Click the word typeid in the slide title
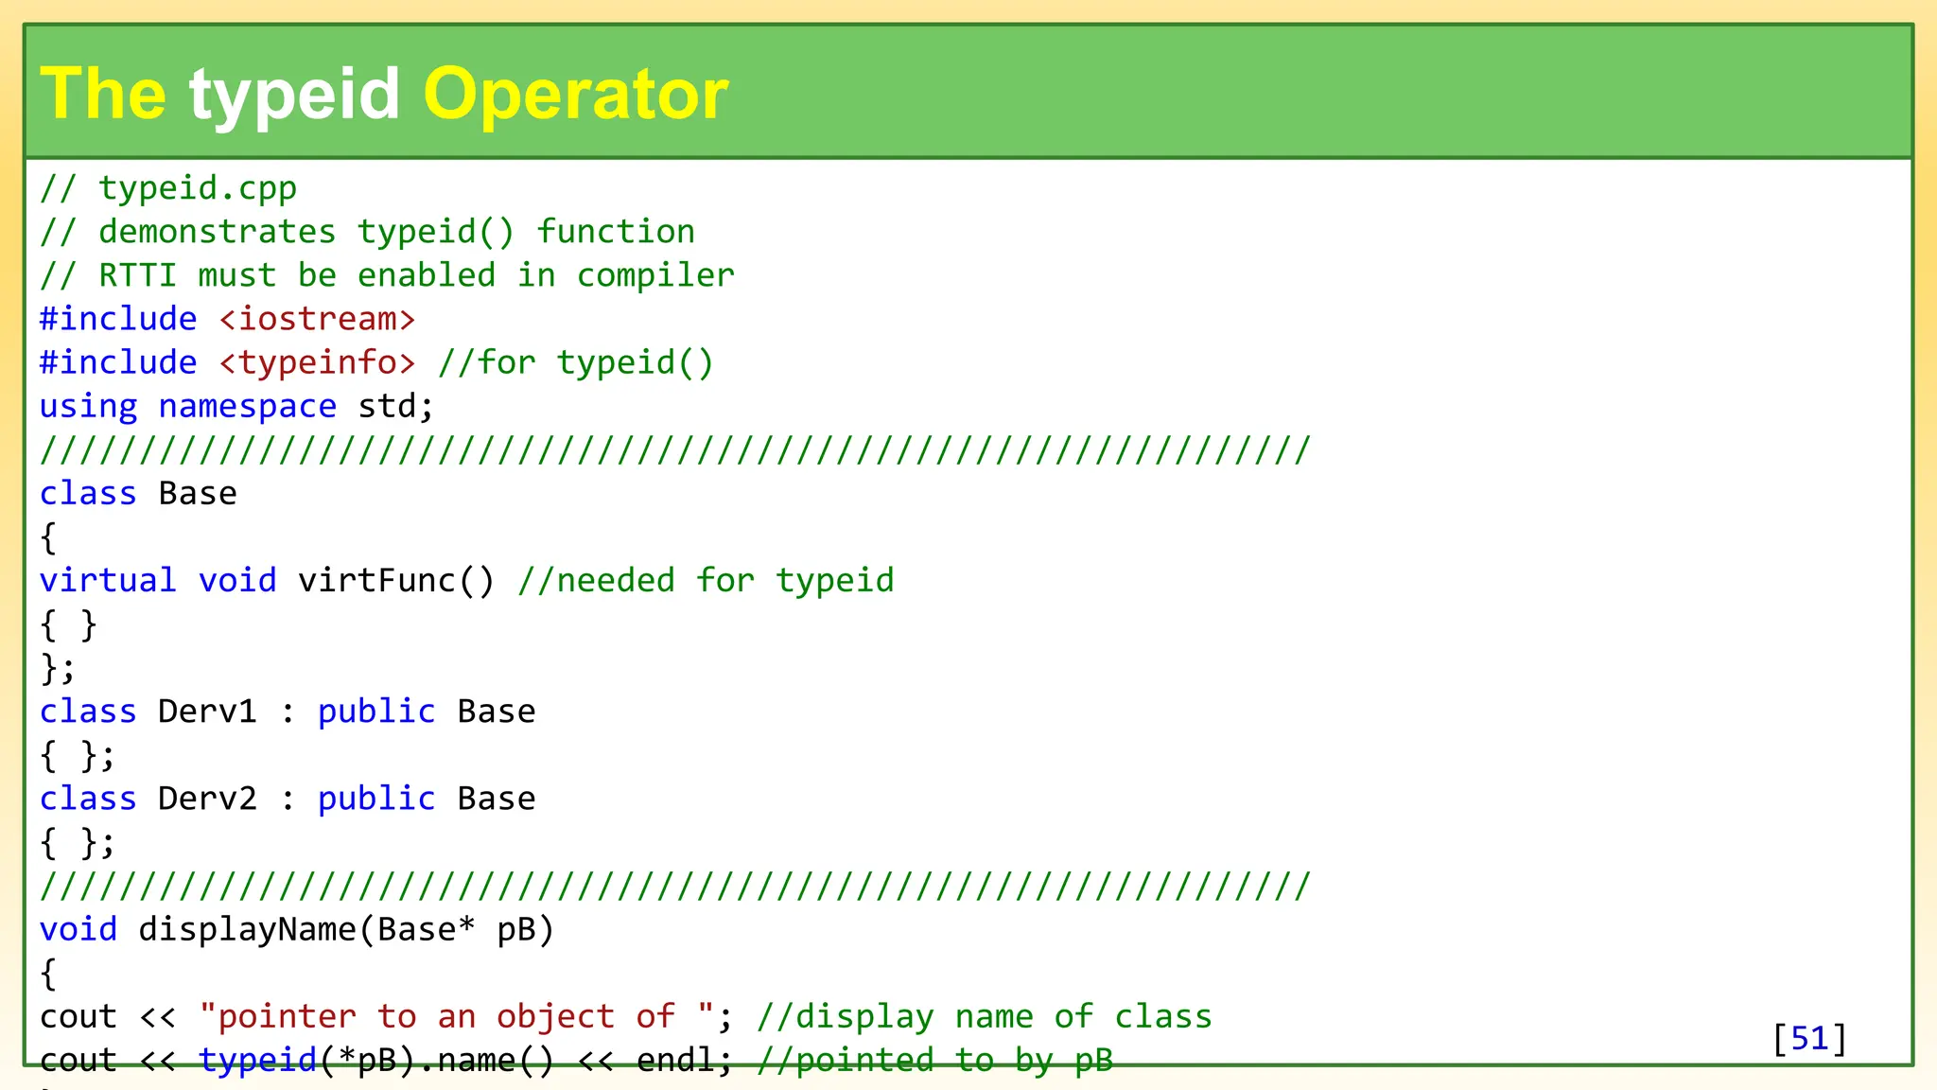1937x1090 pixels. coord(294,95)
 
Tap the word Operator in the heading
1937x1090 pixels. coord(575,95)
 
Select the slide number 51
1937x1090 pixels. coord(1809,1038)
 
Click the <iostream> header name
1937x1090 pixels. coord(317,319)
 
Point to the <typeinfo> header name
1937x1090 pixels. coord(317,362)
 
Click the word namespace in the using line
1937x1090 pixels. coord(247,406)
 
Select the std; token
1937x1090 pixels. coord(395,406)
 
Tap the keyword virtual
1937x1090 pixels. coord(108,580)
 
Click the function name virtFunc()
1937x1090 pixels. coord(396,580)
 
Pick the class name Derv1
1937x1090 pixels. coord(207,712)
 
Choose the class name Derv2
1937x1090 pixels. coord(207,799)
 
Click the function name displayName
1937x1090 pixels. coord(247,929)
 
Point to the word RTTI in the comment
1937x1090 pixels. coord(137,275)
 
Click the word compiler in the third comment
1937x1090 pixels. coord(654,275)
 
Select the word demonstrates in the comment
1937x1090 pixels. coord(217,232)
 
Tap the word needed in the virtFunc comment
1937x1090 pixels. coord(615,580)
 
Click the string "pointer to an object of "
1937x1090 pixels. coord(456,1016)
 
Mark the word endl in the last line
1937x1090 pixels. coord(674,1060)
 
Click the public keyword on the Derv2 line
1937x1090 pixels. coord(376,799)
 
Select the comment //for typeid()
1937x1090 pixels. coord(575,362)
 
